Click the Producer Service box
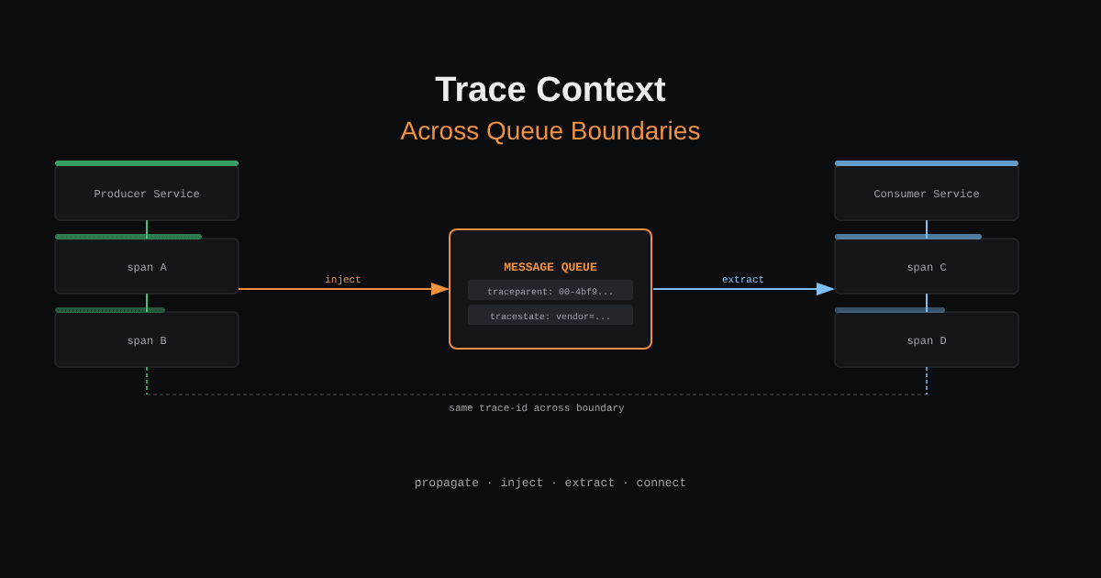tap(147, 194)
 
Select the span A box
tap(147, 266)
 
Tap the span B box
tap(147, 339)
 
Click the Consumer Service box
tap(927, 194)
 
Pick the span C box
tap(927, 266)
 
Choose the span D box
tap(927, 339)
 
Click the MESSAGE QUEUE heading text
tap(550, 267)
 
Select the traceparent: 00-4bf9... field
tap(550, 290)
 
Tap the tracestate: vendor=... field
tap(550, 315)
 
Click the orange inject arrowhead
tap(439, 289)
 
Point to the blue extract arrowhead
tap(825, 289)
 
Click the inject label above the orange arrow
tap(343, 280)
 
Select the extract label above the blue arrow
tap(742, 280)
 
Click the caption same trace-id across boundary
tap(536, 408)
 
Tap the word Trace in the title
tap(480, 90)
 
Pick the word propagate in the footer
tap(446, 484)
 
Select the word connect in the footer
tap(662, 483)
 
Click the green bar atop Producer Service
tap(147, 163)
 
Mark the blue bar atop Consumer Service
tap(927, 163)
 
